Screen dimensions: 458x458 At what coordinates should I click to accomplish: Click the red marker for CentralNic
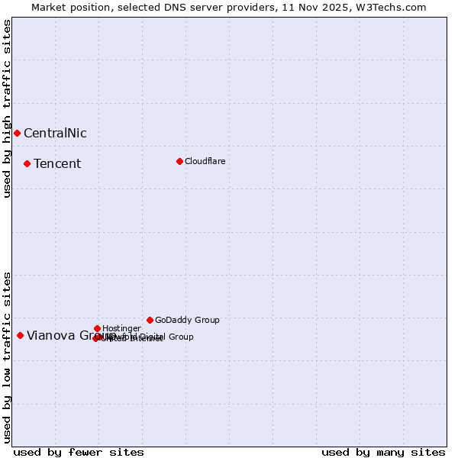coord(17,133)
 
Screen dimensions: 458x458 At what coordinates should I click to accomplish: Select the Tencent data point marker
coord(27,163)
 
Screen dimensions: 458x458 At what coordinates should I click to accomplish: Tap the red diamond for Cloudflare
coord(179,161)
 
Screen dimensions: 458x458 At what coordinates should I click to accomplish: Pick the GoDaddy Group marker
coord(150,320)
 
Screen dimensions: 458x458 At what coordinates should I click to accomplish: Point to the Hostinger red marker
coord(97,328)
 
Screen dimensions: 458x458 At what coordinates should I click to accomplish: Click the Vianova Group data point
coord(20,335)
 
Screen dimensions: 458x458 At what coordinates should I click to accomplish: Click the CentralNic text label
coord(55,134)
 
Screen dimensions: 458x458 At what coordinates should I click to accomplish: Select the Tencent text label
coord(57,164)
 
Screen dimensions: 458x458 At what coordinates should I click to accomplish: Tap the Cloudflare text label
coord(205,161)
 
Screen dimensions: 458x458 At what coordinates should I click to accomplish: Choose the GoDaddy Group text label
coord(187,320)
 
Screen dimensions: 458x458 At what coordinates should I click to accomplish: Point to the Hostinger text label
coord(121,328)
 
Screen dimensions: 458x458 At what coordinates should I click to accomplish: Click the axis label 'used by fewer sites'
coord(79,452)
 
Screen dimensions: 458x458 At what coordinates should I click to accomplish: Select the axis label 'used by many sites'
coord(383,452)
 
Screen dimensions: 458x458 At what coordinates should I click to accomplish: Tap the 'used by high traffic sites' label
coord(7,108)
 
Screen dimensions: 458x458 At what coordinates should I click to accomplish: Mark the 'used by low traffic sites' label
coord(7,356)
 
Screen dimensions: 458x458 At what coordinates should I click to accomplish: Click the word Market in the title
coord(50,7)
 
